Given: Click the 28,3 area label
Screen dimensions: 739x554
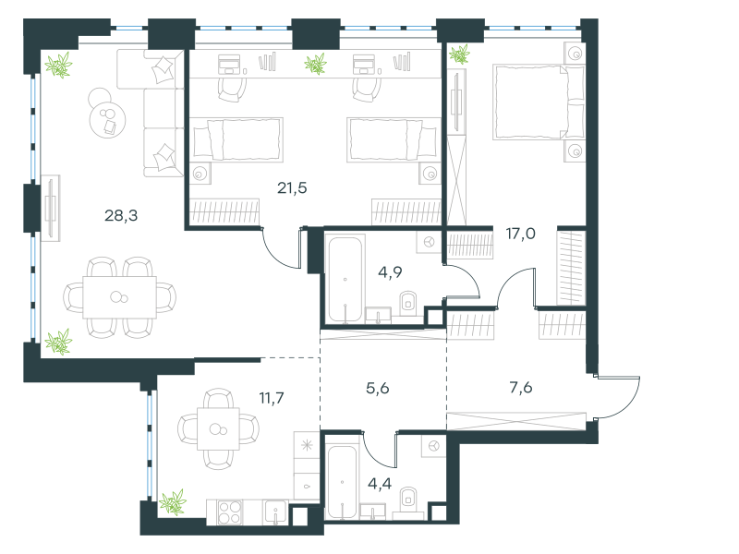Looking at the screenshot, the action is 121,216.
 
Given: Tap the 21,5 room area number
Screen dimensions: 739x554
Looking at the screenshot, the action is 292,188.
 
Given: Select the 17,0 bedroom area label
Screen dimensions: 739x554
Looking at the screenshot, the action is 521,234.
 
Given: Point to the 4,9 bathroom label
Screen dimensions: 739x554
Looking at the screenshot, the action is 390,272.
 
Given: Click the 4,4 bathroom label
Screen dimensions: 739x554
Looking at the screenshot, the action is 380,484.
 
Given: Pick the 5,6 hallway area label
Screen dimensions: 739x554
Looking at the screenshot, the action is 378,388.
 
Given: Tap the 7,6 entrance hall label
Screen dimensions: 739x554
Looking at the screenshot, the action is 521,387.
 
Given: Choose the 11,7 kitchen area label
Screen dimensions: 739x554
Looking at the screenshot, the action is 272,398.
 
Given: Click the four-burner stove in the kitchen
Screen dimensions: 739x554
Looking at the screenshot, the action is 230,512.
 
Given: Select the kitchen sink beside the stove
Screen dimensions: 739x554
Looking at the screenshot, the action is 275,512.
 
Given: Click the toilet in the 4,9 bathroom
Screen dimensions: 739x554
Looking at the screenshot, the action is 408,304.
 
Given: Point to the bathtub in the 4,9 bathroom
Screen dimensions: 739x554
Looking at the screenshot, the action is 345,280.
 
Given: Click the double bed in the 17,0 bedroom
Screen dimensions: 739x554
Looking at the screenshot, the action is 539,102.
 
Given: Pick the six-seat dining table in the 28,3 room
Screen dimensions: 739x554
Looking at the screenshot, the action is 120,297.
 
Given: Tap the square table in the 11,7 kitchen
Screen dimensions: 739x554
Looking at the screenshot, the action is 218,429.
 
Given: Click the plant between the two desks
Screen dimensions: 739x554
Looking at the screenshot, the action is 315,64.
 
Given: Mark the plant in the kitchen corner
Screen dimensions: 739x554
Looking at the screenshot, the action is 173,501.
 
